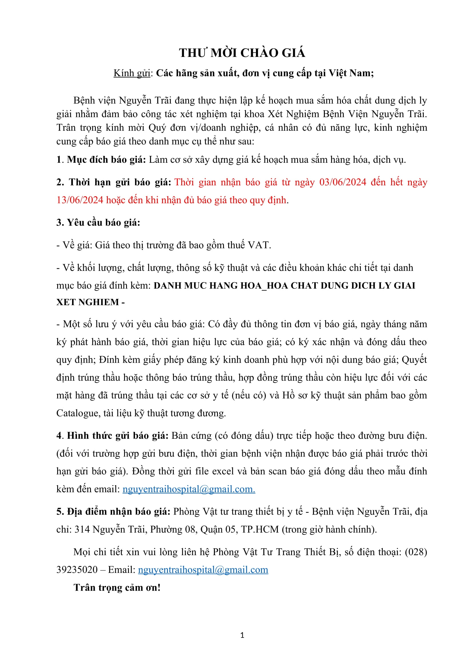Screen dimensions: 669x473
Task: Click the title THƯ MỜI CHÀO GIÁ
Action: tap(242, 53)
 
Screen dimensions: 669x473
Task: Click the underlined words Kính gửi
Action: tap(132, 73)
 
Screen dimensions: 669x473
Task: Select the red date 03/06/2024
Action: tap(343, 182)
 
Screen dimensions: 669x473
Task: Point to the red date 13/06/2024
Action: tap(80, 200)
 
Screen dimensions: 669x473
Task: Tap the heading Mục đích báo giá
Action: tap(106, 160)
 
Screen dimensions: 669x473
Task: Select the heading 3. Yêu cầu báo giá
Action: tap(98, 222)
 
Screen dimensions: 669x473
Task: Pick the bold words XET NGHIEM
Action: tap(88, 302)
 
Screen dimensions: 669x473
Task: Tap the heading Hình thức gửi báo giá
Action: tap(118, 436)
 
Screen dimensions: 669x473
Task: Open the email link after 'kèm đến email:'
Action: tap(189, 489)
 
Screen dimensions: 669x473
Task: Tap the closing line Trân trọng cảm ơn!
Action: tap(117, 587)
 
